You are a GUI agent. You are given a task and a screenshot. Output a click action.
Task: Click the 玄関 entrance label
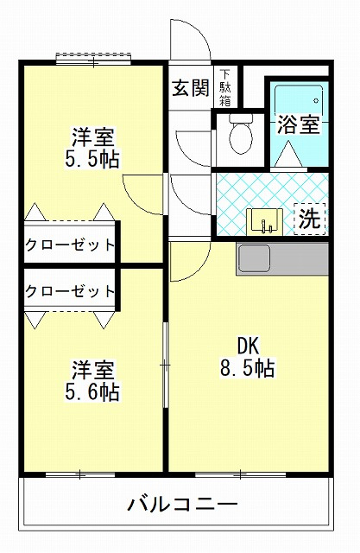(x=191, y=87)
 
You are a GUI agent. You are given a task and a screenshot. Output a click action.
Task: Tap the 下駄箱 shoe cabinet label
(x=225, y=87)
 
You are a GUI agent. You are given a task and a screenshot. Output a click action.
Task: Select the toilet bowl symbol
(x=241, y=134)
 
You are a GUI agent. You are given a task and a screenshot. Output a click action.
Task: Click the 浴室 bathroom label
(x=299, y=124)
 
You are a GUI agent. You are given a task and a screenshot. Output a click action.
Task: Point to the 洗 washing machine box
(x=310, y=219)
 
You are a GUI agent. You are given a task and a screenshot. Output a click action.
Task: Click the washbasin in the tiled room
(x=264, y=222)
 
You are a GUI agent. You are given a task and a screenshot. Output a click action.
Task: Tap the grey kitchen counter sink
(x=254, y=258)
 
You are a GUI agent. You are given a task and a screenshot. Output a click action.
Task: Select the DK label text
(x=249, y=346)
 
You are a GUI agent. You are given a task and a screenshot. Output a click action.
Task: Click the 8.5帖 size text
(x=247, y=368)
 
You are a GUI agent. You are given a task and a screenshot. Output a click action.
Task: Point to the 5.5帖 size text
(x=92, y=159)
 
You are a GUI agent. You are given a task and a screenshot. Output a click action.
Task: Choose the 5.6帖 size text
(x=92, y=391)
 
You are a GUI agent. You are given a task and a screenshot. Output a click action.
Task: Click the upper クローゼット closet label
(x=70, y=245)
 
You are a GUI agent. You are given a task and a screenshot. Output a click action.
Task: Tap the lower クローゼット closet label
(x=70, y=291)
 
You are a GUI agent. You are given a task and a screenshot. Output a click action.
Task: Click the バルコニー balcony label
(x=182, y=504)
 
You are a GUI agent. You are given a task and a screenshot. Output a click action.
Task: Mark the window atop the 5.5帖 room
(x=94, y=59)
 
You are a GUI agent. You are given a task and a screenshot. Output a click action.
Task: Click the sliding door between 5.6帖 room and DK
(x=165, y=365)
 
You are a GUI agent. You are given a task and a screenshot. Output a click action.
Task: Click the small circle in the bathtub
(x=316, y=101)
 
